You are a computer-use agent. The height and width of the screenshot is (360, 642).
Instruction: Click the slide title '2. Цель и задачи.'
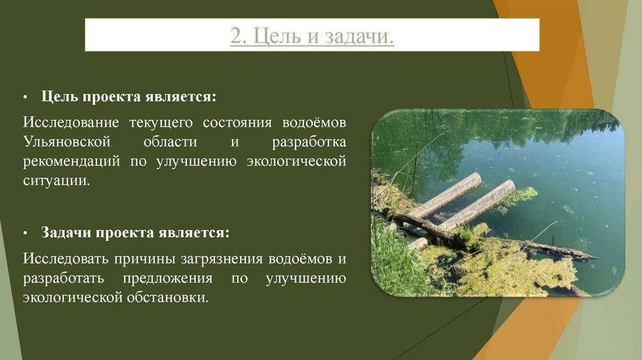point(312,36)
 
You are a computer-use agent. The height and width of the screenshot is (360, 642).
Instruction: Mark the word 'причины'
point(142,257)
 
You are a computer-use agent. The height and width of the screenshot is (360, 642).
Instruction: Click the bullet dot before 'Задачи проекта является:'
point(26,234)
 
